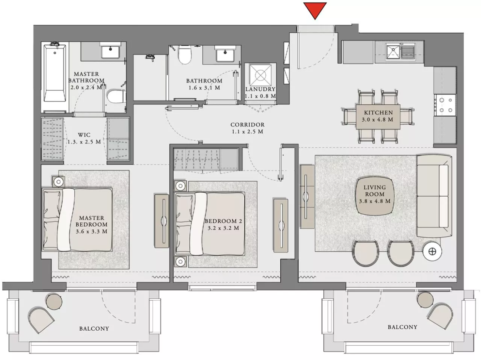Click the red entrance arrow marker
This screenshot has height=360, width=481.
click(x=315, y=10)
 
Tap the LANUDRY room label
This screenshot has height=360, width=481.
click(x=260, y=89)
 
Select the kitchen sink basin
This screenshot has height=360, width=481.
click(x=393, y=52)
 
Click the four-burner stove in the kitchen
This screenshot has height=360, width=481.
click(x=445, y=105)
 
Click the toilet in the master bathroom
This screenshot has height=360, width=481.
click(x=117, y=96)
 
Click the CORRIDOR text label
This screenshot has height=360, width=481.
click(x=247, y=125)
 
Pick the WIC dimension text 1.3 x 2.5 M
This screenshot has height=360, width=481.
click(x=84, y=142)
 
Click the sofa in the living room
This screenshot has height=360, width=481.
click(x=434, y=196)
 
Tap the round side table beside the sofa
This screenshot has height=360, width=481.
click(x=432, y=252)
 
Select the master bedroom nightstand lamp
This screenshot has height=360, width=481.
click(x=59, y=182)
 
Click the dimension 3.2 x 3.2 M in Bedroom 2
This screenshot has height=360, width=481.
click(x=223, y=228)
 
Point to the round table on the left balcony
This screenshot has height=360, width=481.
click(x=54, y=302)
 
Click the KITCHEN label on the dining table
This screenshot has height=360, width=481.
click(x=379, y=113)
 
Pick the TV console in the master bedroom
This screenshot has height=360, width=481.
click(x=162, y=221)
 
